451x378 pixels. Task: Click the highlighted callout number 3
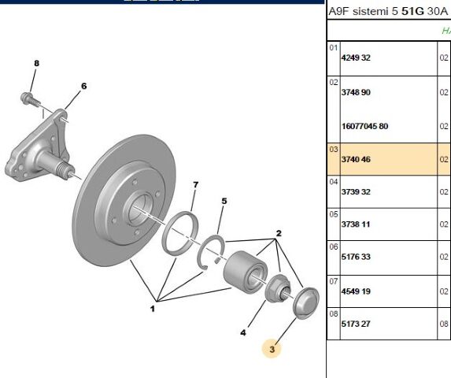(272, 349)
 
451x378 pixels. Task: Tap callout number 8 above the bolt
(36, 63)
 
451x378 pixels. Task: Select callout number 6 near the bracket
(83, 86)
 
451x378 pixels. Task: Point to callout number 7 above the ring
(195, 185)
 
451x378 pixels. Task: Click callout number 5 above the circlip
(224, 201)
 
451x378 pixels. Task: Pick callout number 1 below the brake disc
(153, 309)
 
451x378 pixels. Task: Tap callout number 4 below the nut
(243, 333)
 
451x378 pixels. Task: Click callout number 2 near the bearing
(278, 233)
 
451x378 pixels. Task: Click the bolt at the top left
(30, 99)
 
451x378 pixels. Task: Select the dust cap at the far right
(305, 303)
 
